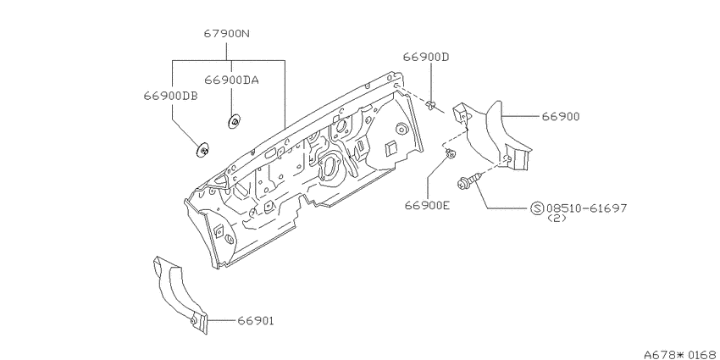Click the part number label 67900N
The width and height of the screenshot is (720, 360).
pos(227,34)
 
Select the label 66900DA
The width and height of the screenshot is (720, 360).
pos(231,80)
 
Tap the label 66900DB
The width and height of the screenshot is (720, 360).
pos(171,96)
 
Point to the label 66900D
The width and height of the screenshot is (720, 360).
pos(426,57)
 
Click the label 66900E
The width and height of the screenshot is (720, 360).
pos(427,205)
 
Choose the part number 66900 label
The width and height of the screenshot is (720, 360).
pos(561,117)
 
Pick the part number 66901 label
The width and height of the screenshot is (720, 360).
pos(255,321)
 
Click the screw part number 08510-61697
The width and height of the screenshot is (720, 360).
pos(586,208)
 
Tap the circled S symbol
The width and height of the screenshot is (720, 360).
pos(537,208)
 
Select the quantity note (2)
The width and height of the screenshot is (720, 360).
pos(557,219)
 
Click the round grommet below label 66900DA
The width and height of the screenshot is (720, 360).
pos(235,122)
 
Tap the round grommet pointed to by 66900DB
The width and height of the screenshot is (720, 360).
pos(203,150)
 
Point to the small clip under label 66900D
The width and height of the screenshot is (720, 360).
pos(430,106)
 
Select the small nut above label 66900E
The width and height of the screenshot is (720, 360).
pos(451,154)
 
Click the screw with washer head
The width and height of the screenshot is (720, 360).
pos(468,180)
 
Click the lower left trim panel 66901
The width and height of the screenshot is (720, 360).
pos(180,294)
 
